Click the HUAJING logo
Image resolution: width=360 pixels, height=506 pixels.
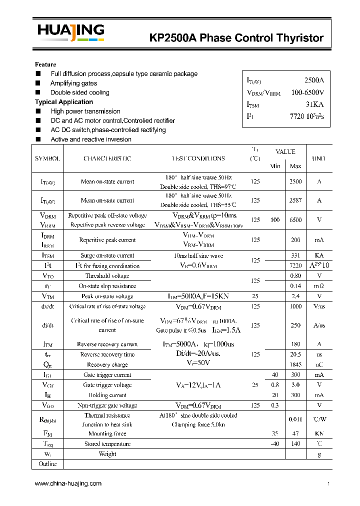tap(70, 32)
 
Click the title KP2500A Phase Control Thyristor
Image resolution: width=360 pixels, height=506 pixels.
tap(236, 38)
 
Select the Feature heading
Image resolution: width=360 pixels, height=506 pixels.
tap(45, 64)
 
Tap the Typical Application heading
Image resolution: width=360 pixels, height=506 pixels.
tap(64, 102)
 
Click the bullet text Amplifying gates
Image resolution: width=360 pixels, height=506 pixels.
tap(73, 83)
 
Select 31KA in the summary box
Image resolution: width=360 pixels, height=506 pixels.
tap(315, 104)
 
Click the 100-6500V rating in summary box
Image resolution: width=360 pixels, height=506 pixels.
tap(307, 92)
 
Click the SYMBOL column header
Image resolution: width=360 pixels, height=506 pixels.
tap(47, 158)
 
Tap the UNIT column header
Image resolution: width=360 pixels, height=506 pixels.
tap(319, 158)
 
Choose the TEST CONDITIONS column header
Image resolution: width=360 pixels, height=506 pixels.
tap(198, 158)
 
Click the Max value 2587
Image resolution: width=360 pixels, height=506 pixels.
tap(295, 200)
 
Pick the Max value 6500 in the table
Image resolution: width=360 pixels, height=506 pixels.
tap(295, 220)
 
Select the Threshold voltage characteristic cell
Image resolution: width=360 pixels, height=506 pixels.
tap(107, 276)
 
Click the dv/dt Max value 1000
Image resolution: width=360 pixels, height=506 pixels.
tap(295, 306)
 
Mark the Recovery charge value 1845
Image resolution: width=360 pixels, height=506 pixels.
tap(295, 364)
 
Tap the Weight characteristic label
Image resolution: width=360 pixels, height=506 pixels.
tap(107, 454)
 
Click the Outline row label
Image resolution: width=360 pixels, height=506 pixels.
tap(47, 464)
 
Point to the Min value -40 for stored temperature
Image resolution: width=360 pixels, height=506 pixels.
tap(275, 444)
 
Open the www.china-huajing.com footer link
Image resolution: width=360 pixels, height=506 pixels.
tap(68, 483)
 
